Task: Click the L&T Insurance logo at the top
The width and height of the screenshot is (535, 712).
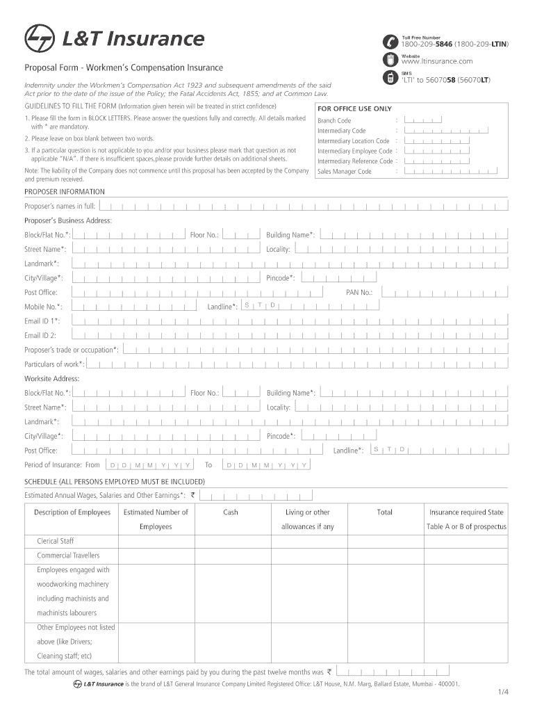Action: (115, 39)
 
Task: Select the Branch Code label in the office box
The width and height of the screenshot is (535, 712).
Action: (334, 120)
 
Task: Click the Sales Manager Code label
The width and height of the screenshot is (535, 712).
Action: (345, 171)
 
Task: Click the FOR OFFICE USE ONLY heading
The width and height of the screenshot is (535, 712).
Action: (354, 108)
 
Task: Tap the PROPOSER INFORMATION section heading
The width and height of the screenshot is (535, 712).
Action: (65, 191)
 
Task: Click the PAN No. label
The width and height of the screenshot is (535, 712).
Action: (359, 293)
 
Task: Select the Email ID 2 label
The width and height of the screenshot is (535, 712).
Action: (40, 335)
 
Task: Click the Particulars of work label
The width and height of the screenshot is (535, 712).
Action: (54, 364)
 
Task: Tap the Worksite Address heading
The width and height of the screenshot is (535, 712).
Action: (52, 378)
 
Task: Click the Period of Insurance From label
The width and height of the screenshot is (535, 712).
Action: (62, 464)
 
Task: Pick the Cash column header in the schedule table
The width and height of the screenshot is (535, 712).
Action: (231, 512)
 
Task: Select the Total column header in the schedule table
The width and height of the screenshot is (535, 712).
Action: (384, 512)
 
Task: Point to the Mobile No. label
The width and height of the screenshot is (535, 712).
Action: (43, 307)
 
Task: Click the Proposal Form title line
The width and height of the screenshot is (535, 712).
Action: (124, 67)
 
